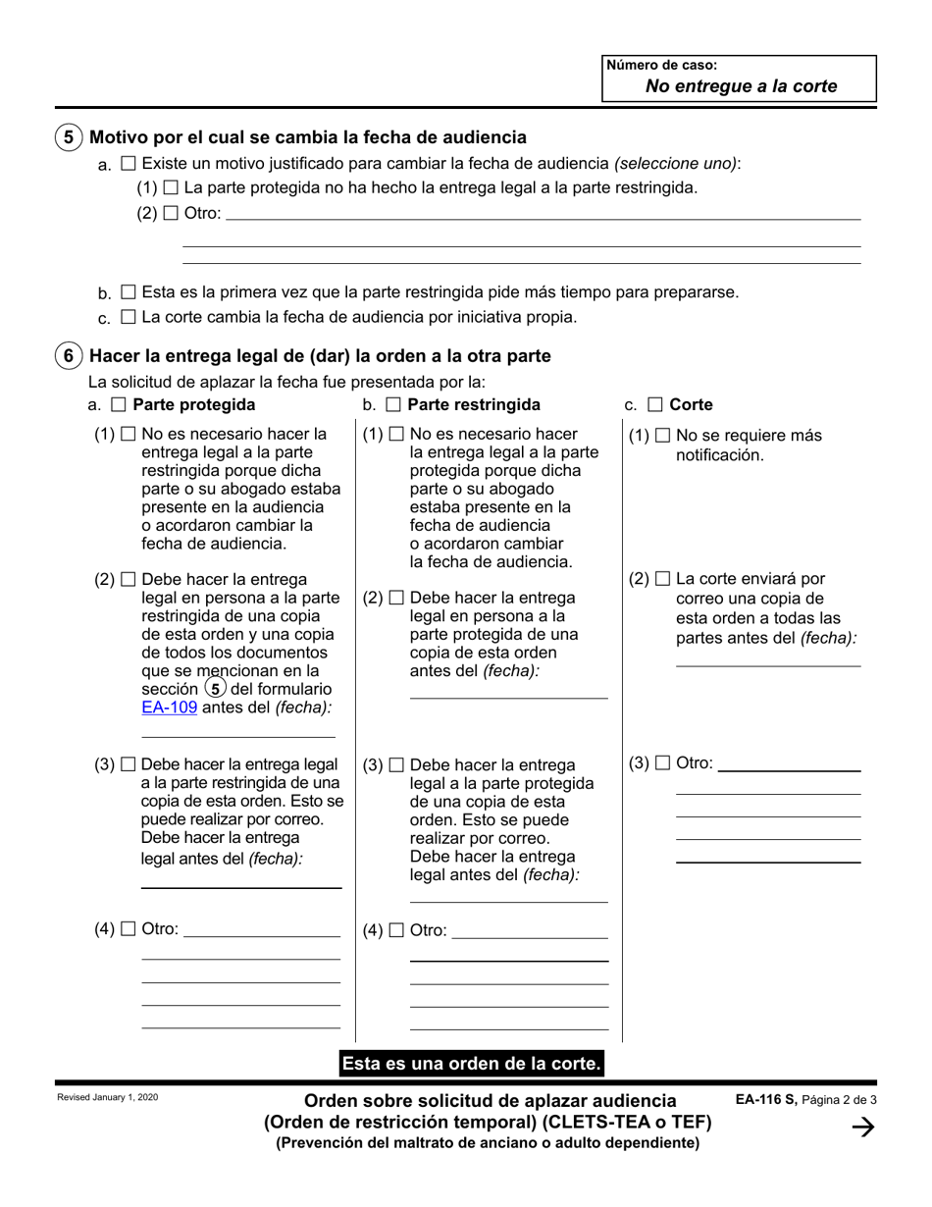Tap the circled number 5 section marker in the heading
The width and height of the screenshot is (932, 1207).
68,137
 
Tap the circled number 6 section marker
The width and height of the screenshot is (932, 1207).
68,355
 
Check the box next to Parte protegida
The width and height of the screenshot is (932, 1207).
119,404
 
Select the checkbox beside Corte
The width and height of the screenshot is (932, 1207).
654,404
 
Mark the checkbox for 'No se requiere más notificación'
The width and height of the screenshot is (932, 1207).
662,436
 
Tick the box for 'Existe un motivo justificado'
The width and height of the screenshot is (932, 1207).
128,163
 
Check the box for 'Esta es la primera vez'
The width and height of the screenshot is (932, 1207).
128,292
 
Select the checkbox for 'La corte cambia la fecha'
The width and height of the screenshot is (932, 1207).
128,317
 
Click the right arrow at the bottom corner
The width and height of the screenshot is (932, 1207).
863,1129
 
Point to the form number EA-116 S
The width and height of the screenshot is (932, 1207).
766,1100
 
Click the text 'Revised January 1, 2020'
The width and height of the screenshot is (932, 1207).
107,1097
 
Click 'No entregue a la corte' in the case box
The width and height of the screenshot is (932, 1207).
741,85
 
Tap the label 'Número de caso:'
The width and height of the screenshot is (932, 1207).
662,66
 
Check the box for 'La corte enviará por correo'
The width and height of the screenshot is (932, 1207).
662,580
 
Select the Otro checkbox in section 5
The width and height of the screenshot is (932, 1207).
171,213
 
